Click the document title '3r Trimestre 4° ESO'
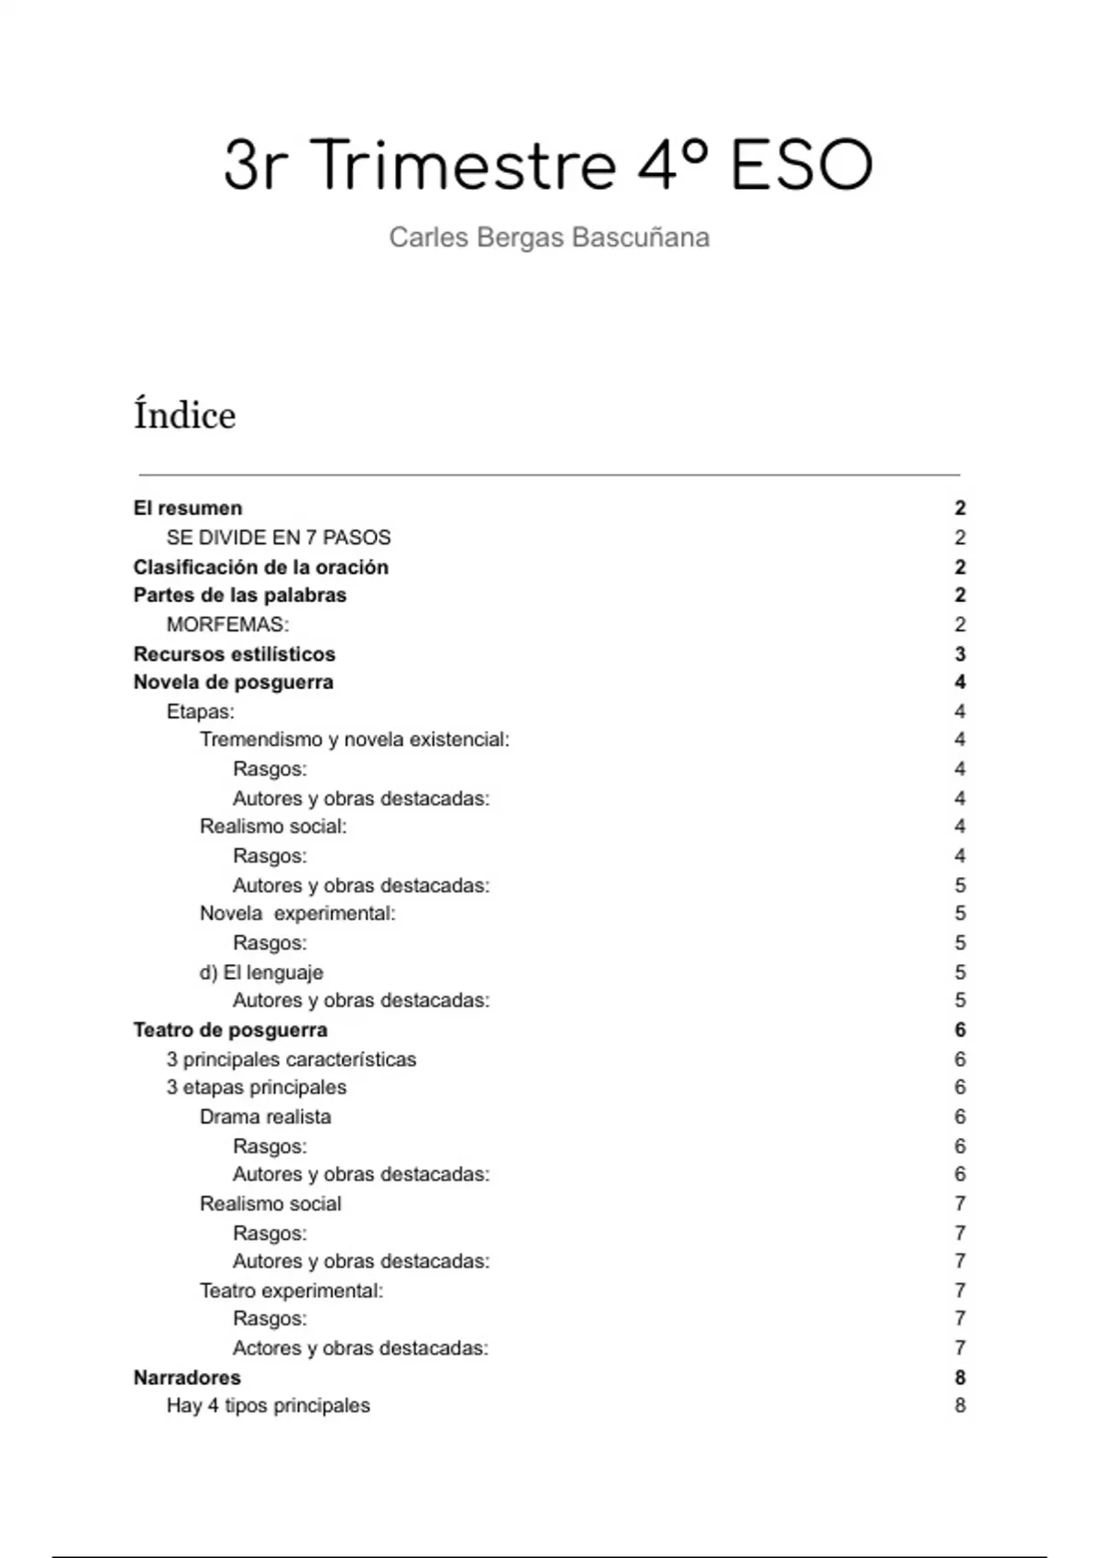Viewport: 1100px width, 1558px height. (548, 166)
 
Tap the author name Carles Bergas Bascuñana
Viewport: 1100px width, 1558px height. (549, 237)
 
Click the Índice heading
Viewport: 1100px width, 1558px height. (184, 415)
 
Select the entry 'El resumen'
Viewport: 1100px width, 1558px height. (188, 509)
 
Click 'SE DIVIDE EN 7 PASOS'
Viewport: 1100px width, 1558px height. (279, 538)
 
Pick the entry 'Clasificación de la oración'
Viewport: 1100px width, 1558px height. (260, 567)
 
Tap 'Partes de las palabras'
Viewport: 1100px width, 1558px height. (239, 596)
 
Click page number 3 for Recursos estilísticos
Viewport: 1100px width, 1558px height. (960, 654)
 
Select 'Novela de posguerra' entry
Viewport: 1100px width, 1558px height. (233, 683)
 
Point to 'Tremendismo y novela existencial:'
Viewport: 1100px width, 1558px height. (354, 740)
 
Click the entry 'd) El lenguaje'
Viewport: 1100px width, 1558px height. (261, 972)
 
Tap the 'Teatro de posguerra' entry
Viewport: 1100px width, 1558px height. (230, 1030)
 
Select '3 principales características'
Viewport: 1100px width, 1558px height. (291, 1059)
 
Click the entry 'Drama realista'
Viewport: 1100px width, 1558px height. (265, 1117)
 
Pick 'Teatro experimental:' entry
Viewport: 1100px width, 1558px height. (291, 1291)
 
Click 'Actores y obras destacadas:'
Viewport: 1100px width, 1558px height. (360, 1348)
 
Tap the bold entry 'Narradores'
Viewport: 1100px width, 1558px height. (187, 1377)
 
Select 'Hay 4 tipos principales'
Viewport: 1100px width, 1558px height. (268, 1406)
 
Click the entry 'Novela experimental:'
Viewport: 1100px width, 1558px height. (297, 914)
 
